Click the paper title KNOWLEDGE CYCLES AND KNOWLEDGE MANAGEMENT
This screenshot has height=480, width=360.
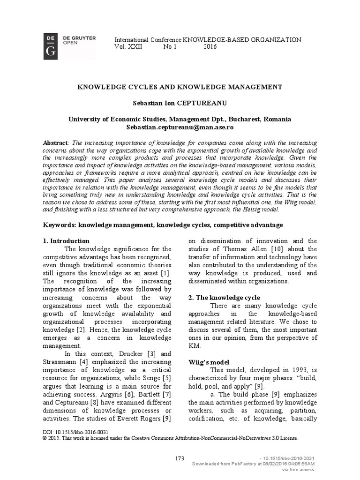(180, 87)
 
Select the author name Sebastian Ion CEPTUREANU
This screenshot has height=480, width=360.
(180, 103)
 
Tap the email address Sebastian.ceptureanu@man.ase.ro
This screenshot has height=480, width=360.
(180, 127)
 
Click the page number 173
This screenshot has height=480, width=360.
(180, 458)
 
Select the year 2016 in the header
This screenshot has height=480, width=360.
(210, 47)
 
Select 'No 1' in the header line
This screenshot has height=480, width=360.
(170, 47)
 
